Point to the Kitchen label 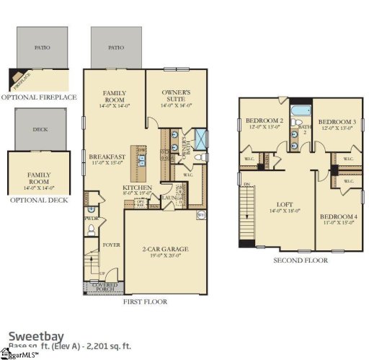pyautogui.click(x=138, y=186)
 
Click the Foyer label pyautogui.click(x=111, y=245)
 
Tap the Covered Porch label pyautogui.click(x=105, y=288)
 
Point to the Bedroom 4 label pyautogui.click(x=338, y=217)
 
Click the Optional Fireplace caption pyautogui.click(x=35, y=97)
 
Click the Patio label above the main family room pyautogui.click(x=115, y=47)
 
